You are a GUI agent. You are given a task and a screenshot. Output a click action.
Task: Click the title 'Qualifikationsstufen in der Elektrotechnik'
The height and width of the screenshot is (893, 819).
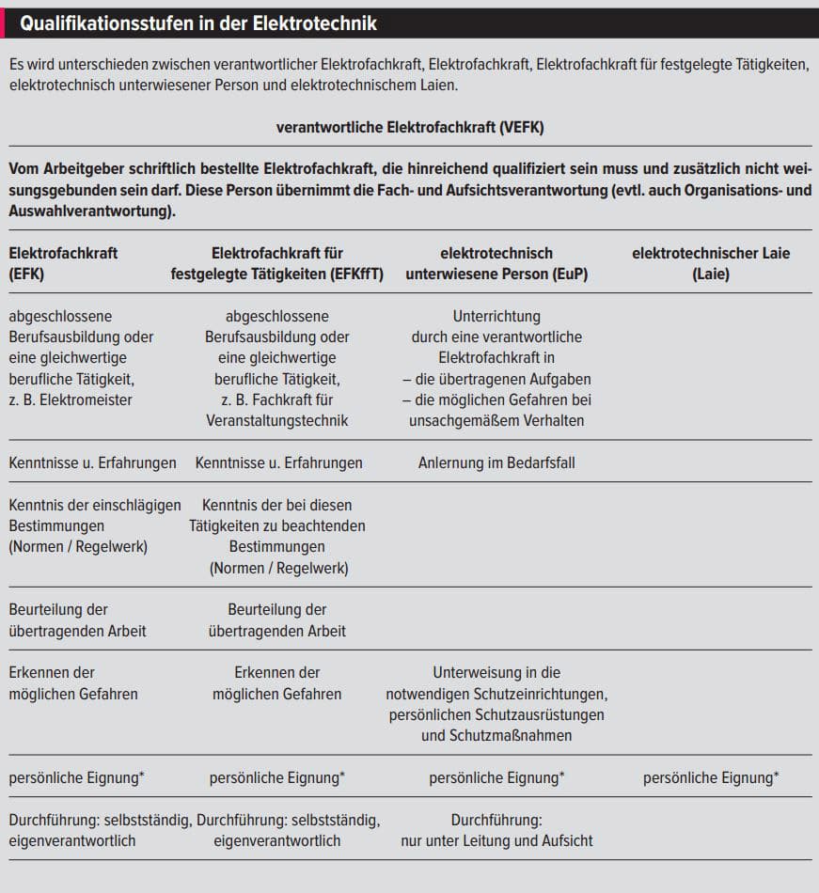[x=198, y=23]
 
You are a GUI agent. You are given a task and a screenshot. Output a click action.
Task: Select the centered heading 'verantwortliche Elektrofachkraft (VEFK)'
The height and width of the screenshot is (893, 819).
[x=410, y=127]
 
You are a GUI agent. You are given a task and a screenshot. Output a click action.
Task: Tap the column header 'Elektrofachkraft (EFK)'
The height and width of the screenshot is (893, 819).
[x=63, y=264]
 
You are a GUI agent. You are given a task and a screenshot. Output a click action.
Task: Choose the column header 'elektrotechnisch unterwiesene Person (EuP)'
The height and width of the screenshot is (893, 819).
[x=496, y=264]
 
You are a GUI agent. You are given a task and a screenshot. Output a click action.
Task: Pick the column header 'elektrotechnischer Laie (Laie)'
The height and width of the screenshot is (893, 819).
[x=711, y=264]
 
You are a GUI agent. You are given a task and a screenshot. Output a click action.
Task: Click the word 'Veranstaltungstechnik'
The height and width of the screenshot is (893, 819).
[x=277, y=420]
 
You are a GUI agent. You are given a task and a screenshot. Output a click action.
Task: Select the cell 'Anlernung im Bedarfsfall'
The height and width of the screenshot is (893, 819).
[x=496, y=462]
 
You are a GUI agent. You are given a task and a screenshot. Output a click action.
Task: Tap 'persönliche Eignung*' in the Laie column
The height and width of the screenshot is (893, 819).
[x=711, y=777]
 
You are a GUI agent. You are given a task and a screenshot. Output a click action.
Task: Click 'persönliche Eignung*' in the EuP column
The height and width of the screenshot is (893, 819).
[x=496, y=777]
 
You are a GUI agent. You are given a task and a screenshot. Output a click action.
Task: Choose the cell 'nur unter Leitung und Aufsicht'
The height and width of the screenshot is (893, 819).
[x=496, y=840]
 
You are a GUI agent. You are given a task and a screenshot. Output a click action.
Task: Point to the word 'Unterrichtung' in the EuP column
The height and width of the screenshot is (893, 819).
[x=496, y=316]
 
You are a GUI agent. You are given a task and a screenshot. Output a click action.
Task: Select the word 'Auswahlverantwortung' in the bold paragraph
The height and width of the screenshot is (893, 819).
[x=89, y=211]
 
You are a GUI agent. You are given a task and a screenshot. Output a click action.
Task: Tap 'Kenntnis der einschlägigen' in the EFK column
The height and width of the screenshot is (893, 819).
[x=94, y=505]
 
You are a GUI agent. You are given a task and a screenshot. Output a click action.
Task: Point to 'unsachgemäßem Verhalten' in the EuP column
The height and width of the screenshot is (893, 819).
[x=496, y=420]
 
